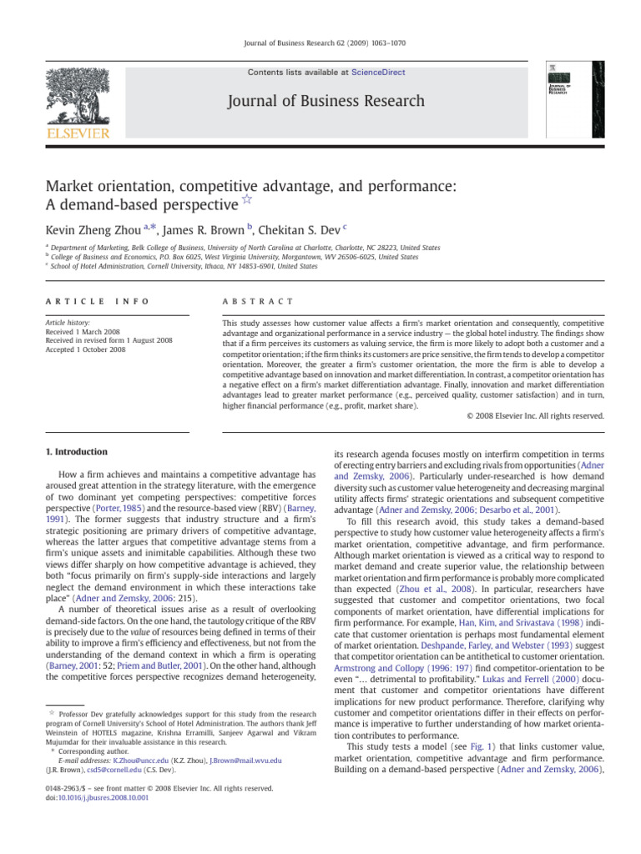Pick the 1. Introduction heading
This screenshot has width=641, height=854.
76,452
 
